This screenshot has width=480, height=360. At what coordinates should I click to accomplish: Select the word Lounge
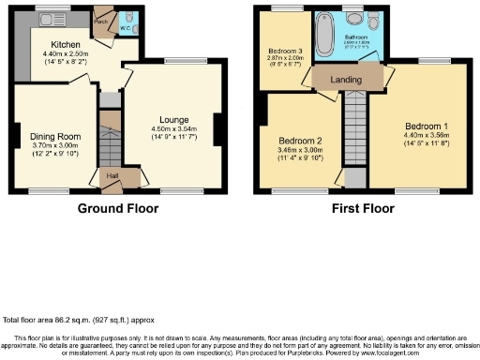(173, 120)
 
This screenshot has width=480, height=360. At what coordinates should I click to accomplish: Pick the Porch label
(100, 19)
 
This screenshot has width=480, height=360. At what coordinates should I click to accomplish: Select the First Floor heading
(362, 208)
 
